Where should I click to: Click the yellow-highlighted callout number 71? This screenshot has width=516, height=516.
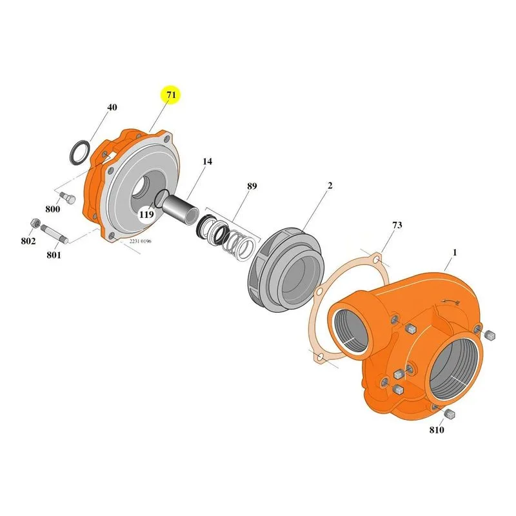tap(171, 95)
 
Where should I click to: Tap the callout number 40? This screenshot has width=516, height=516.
tap(112, 107)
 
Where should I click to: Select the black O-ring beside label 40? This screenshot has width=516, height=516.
tap(79, 153)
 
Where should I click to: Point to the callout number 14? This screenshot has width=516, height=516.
tap(207, 162)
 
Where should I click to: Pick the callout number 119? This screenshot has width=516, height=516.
tap(146, 215)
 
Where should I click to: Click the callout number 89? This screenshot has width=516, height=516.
tap(252, 186)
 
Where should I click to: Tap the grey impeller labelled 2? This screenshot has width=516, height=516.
tap(286, 270)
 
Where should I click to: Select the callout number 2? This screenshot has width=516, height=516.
tap(330, 186)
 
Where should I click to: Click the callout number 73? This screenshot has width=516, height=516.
tap(397, 225)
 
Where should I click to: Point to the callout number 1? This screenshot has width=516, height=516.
tap(455, 253)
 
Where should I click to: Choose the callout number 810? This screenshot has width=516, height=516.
tap(437, 430)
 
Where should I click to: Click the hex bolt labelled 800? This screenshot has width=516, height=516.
tap(68, 198)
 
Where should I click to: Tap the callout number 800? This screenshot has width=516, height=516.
tap(53, 209)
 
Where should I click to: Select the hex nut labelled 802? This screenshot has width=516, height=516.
tap(35, 223)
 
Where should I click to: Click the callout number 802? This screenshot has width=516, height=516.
tap(28, 241)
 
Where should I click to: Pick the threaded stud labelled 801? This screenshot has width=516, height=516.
tap(55, 234)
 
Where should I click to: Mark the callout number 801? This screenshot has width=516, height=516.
tap(54, 255)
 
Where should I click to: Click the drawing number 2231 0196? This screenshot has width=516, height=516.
tap(141, 241)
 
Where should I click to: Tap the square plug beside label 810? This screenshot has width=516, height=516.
tap(449, 414)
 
